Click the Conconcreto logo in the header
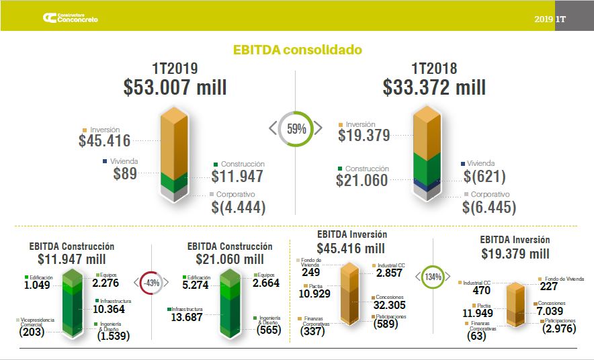coord(69,18)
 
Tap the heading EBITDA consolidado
coord(297,50)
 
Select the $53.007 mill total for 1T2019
coord(175,87)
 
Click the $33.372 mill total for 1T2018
coord(434,87)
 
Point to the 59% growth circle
coord(296,128)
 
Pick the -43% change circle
coord(151,283)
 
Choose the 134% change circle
coord(433,277)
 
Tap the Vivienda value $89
coord(125,173)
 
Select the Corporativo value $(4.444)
coord(239,208)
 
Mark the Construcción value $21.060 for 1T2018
coord(362,180)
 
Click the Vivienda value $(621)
coord(484,177)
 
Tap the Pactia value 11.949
coord(478,312)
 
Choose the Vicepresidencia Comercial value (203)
coord(32,332)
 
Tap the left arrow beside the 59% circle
coord(273,128)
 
